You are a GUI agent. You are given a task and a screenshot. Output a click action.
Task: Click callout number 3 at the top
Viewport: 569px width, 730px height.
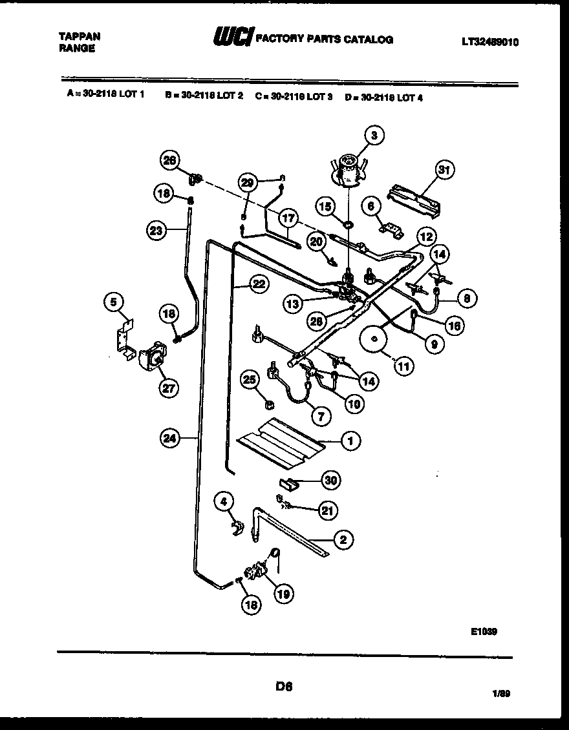click(x=374, y=135)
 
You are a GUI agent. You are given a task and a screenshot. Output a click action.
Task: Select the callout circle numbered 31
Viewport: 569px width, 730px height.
click(x=444, y=171)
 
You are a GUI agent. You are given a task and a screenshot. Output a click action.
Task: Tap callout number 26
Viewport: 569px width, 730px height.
click(x=170, y=162)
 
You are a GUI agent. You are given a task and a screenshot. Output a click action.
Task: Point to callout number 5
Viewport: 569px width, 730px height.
click(x=114, y=301)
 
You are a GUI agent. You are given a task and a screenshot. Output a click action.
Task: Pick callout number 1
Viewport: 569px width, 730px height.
click(x=350, y=441)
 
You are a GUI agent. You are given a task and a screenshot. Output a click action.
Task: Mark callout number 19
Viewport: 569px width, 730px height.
click(x=283, y=592)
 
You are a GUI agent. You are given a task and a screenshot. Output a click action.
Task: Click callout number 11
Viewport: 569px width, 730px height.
click(x=403, y=366)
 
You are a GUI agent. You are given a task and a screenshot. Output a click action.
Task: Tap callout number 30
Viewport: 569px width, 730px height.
click(x=332, y=481)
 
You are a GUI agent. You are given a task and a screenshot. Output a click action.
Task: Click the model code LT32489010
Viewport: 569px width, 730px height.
click(x=490, y=43)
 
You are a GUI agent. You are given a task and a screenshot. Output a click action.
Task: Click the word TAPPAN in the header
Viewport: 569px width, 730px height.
click(x=80, y=37)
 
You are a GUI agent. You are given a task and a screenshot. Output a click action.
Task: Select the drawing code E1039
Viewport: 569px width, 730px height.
click(x=484, y=633)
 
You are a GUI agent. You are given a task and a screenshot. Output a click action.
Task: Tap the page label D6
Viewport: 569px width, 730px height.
click(x=284, y=687)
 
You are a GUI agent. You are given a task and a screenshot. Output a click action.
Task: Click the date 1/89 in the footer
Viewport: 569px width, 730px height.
click(x=500, y=694)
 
